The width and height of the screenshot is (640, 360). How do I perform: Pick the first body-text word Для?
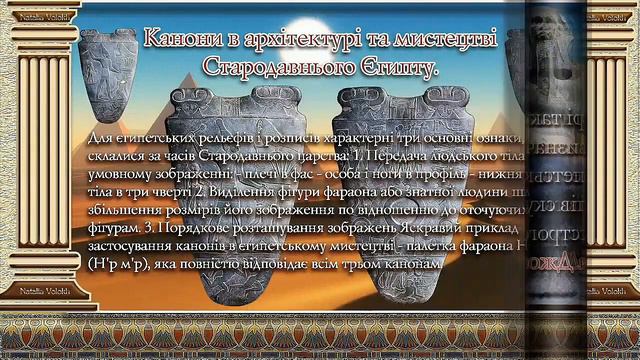click(x=102, y=137)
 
